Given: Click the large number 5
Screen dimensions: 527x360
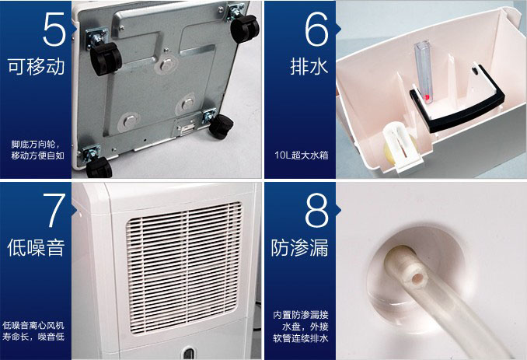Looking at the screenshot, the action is [x=54, y=30].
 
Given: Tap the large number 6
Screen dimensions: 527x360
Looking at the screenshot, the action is [x=316, y=30].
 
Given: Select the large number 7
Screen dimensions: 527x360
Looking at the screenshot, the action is [x=54, y=211].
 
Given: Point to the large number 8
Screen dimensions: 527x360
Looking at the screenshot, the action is [x=316, y=211].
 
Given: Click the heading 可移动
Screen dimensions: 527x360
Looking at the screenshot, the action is [x=36, y=67].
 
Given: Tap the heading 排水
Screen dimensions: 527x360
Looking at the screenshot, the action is [x=309, y=67].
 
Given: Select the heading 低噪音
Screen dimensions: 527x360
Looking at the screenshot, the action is [x=36, y=248].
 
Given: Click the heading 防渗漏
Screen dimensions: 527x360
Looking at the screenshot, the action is [x=300, y=248].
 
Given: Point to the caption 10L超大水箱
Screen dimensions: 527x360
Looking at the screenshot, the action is [x=301, y=156].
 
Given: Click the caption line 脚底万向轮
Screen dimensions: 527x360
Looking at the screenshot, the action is [x=35, y=145].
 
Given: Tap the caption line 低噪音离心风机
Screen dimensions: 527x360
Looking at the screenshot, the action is [x=33, y=325].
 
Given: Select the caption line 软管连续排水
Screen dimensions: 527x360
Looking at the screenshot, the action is [x=301, y=338].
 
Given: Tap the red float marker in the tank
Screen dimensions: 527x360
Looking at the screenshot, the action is [x=428, y=98].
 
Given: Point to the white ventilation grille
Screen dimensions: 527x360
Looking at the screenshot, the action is [x=184, y=268].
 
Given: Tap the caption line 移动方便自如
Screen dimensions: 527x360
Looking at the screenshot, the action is [x=37, y=156].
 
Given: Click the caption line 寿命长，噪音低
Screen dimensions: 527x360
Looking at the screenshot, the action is [x=33, y=337].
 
